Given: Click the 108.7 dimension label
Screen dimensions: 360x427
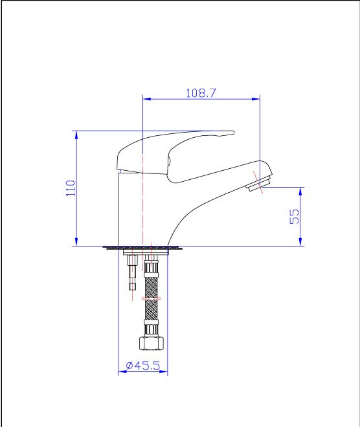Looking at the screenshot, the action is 201,93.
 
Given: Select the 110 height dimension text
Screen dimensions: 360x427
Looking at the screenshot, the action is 71,188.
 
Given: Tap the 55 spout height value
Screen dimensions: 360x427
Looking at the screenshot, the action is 294,217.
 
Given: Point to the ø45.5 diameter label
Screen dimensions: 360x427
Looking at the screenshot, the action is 143,365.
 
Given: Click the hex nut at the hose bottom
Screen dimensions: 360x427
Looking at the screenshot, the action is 152,343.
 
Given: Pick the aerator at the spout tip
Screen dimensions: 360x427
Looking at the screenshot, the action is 258,184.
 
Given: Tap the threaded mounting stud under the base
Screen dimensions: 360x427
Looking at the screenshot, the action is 133,273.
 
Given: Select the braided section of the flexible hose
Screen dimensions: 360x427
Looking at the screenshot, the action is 152,298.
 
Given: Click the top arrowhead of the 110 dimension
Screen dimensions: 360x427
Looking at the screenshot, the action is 76,135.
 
